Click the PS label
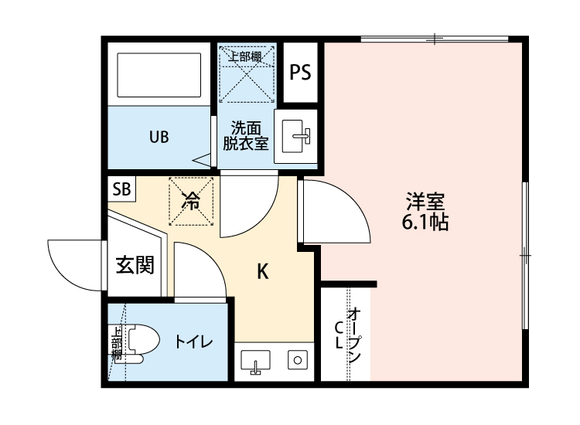[300, 73]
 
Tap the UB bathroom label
[159, 137]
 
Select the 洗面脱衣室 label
[245, 135]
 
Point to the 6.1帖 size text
[425, 223]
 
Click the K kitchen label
[263, 271]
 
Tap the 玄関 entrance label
[135, 265]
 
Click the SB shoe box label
[121, 188]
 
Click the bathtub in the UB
[159, 73]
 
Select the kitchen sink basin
[254, 359]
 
